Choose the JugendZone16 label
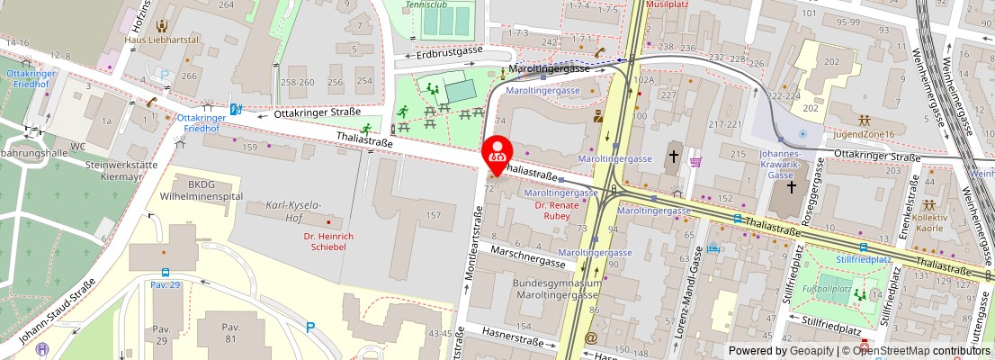coord(864,134)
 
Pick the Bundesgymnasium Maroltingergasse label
coord(556,289)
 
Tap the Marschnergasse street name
coord(528,257)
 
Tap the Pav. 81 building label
coord(231,333)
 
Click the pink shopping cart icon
coord(695,162)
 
